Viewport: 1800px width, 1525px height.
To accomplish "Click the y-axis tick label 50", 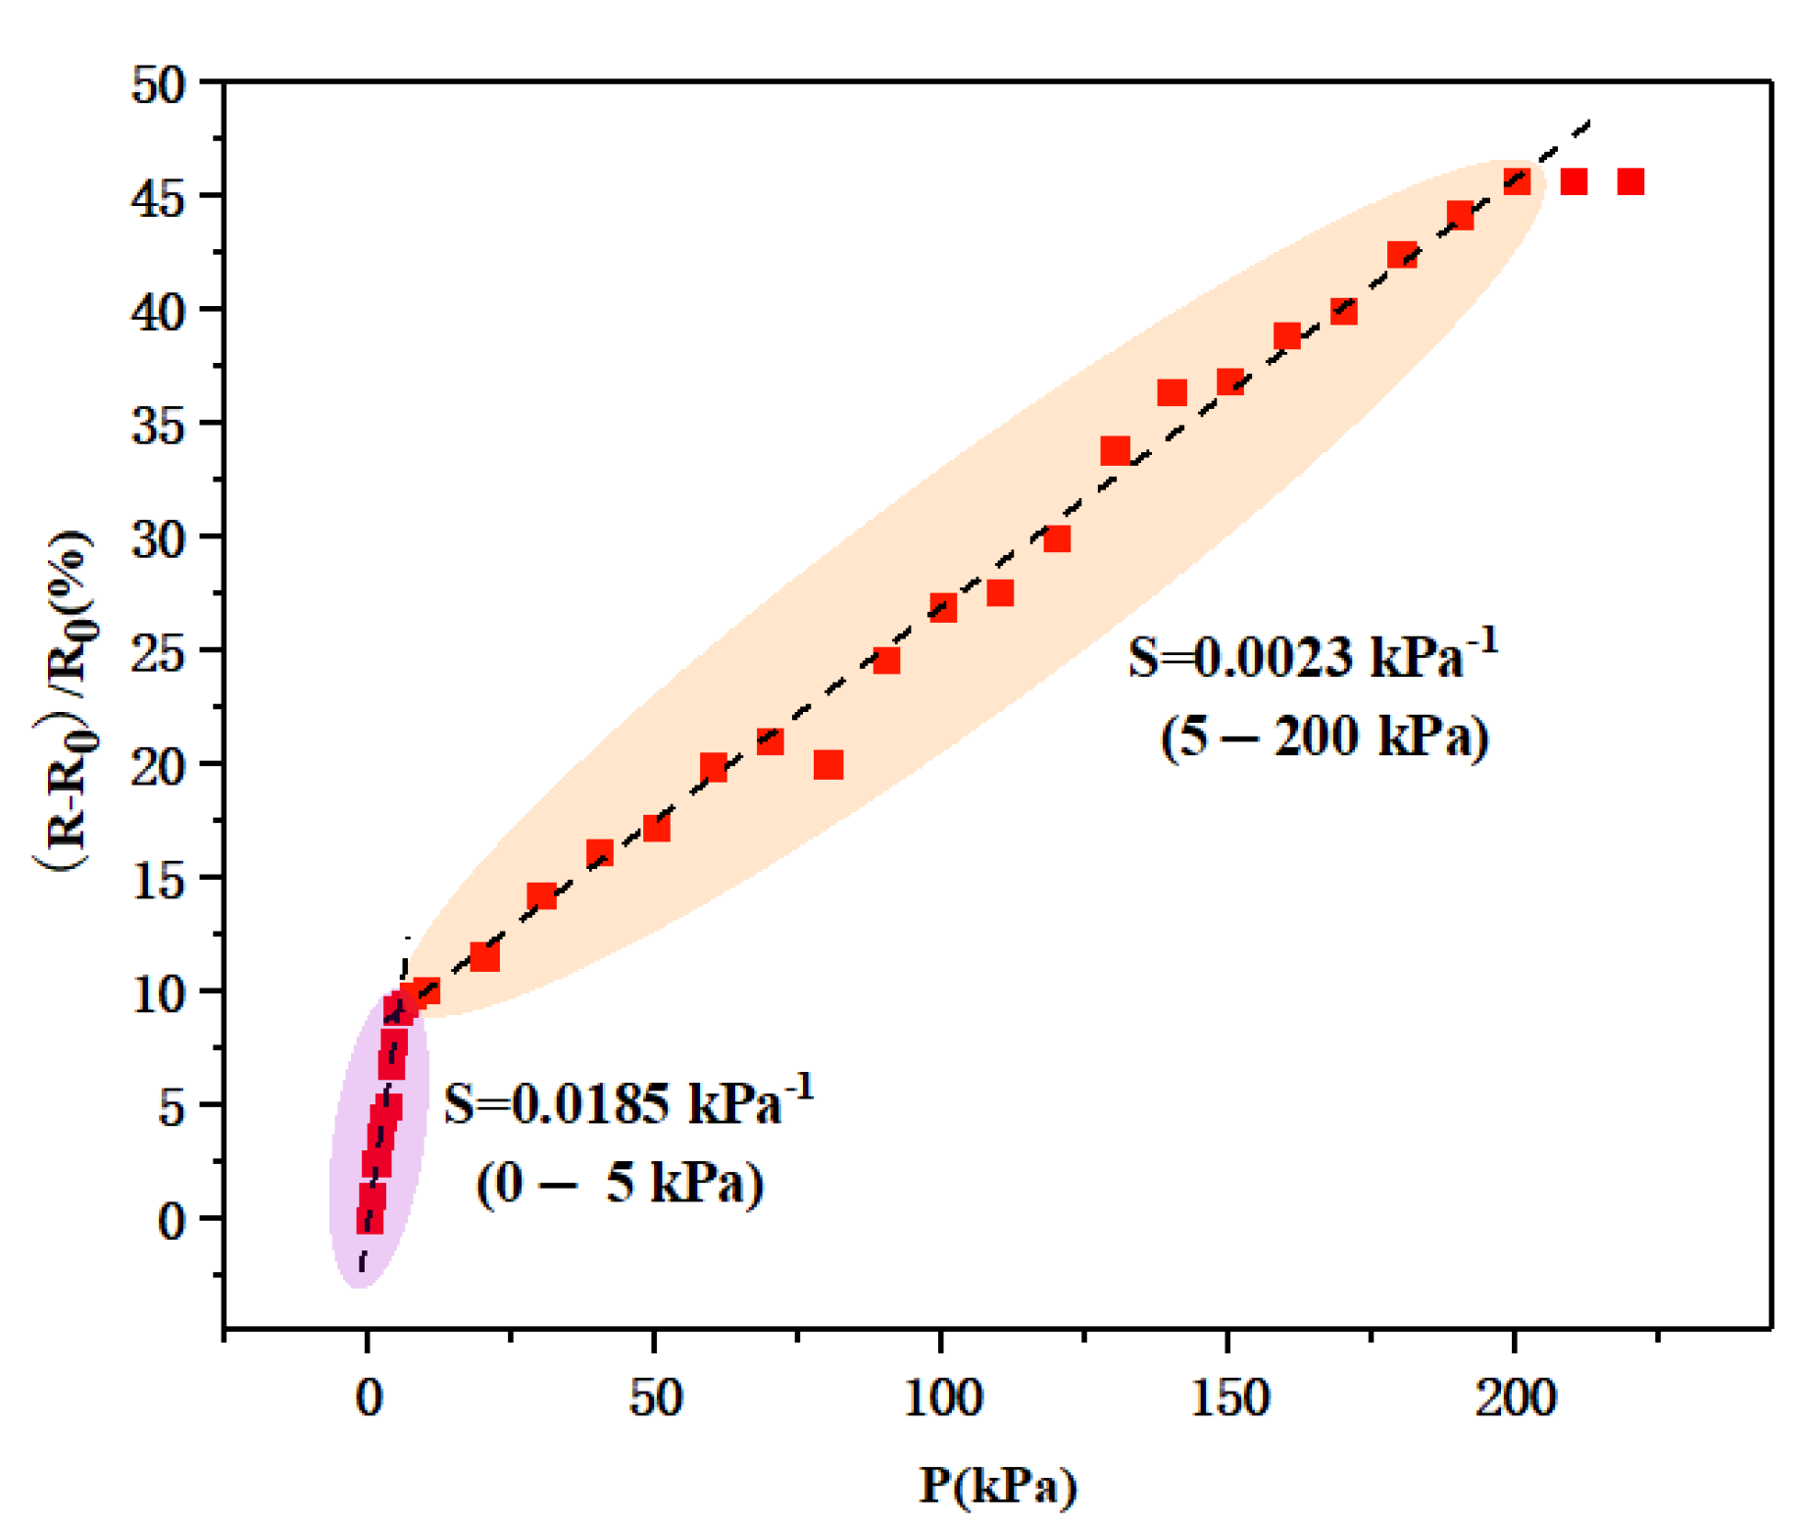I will pos(158,86).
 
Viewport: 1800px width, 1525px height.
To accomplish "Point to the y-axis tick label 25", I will pos(158,654).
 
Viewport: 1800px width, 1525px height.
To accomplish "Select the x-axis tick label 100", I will pos(941,1398).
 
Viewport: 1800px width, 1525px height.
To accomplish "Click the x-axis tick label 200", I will pos(1515,1398).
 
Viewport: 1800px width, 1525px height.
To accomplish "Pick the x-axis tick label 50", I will pos(655,1398).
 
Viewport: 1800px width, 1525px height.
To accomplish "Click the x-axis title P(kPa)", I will pos(997,1485).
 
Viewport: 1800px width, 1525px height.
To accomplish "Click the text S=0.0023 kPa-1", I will pos(1313,656).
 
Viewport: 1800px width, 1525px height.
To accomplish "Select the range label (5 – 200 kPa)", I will pos(1324,736).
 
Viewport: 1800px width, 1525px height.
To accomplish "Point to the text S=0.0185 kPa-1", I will pos(628,1102).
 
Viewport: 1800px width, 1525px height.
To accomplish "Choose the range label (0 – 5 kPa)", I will pos(620,1183).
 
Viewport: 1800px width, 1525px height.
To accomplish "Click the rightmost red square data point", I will pos(1630,181).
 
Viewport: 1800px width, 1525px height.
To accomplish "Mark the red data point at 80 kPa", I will pos(828,765).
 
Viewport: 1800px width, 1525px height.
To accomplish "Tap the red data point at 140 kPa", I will pos(1172,393).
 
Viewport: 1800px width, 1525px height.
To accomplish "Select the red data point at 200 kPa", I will pos(1517,181).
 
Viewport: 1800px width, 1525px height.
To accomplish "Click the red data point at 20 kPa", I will pos(484,957).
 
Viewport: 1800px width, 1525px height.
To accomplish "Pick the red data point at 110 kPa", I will pos(1000,593).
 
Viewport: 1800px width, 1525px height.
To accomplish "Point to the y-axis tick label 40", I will pos(158,314).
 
